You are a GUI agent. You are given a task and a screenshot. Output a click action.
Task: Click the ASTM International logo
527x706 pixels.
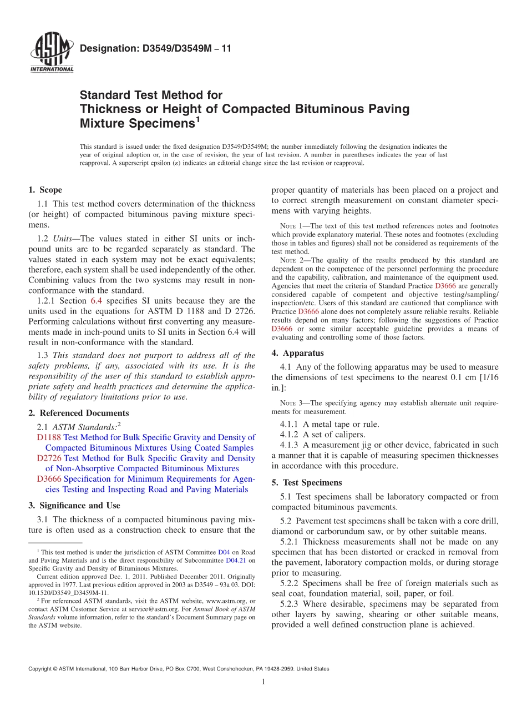tap(52, 53)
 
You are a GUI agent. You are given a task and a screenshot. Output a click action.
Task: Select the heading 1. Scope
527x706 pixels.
tap(45, 190)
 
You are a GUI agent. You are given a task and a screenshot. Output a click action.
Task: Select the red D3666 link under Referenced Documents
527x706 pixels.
tap(49, 479)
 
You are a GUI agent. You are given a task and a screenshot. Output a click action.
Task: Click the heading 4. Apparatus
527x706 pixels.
tap(297, 353)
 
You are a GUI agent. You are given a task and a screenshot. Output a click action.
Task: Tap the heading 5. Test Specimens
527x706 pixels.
tap(307, 483)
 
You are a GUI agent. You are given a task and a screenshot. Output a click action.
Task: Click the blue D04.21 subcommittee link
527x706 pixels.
tap(235, 561)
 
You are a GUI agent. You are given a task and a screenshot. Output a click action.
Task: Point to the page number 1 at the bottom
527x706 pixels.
tap(263, 682)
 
